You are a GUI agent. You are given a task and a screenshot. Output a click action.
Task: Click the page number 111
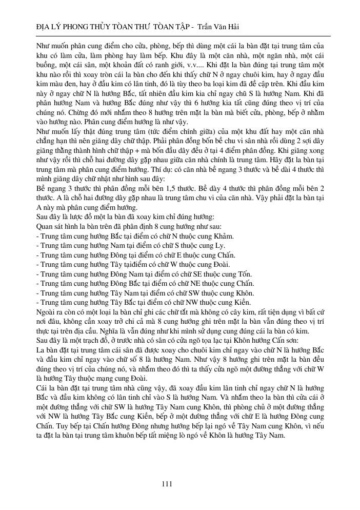point(166,484)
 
